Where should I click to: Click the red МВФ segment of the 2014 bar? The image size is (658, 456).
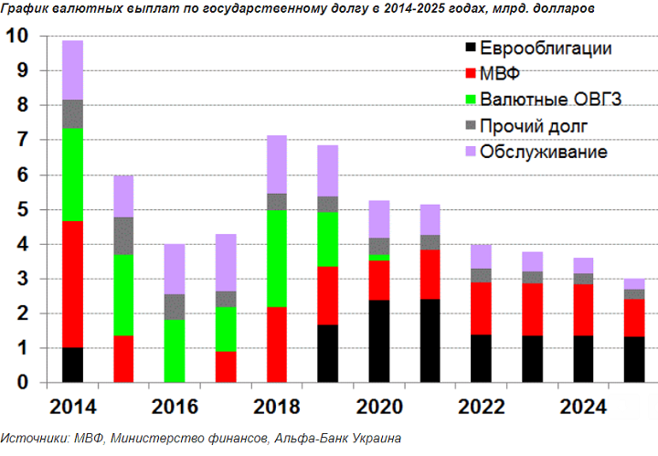coord(72,284)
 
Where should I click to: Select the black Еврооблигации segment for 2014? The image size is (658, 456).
coord(72,365)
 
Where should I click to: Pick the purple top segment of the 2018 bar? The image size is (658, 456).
coord(277,164)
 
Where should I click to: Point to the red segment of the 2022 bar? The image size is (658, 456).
coord(482,308)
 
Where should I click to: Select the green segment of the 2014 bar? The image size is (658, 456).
coord(72,175)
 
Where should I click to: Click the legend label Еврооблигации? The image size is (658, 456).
coord(546,48)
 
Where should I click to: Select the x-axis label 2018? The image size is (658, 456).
coord(276,406)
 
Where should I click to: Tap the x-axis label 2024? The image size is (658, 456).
coord(583,406)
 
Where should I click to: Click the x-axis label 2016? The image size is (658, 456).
coord(174,406)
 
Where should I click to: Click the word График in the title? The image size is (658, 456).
coord(27,9)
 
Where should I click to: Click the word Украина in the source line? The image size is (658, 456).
coord(375,440)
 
